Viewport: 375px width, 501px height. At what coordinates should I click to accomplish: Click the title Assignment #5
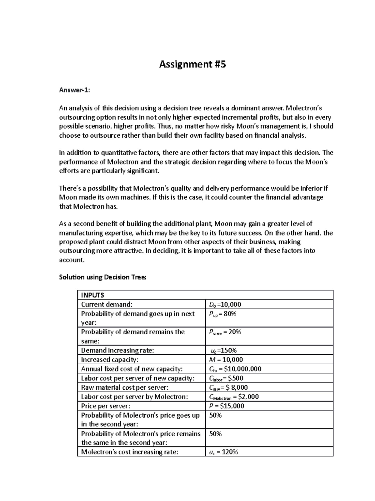192,64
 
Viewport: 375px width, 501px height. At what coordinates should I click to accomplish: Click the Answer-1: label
74,90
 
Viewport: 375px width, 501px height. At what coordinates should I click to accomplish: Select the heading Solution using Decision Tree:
102,277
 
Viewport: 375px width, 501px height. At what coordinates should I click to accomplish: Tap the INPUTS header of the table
92,295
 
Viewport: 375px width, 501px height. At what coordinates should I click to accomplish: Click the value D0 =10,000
225,305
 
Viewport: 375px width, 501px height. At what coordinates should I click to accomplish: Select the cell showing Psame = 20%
225,332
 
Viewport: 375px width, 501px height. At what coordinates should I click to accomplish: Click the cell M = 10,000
226,360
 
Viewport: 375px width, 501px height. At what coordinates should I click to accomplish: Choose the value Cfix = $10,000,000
235,369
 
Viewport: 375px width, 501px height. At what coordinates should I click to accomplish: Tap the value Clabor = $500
226,378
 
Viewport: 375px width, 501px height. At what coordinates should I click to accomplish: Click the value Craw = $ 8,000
228,387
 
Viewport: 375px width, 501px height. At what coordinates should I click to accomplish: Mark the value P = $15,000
227,406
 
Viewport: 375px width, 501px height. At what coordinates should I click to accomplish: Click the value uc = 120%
223,452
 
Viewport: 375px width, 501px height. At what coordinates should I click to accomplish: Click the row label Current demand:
107,305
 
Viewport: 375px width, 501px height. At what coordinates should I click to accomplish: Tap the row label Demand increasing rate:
117,351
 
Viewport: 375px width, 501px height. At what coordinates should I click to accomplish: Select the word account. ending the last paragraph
72,260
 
